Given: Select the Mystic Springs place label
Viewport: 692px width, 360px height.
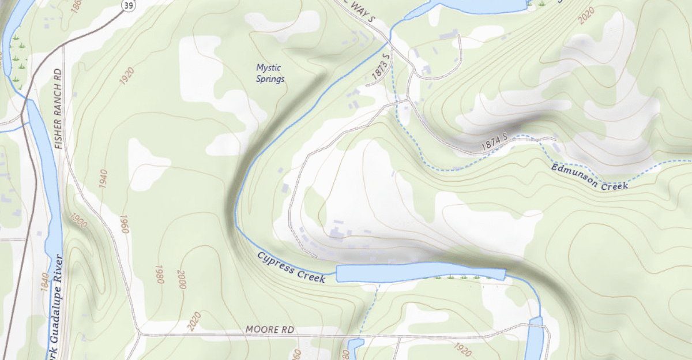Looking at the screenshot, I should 270,73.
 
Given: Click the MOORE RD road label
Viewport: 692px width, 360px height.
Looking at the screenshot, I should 270,330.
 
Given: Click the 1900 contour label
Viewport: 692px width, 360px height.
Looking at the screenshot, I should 80,223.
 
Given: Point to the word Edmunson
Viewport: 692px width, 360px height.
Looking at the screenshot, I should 573,173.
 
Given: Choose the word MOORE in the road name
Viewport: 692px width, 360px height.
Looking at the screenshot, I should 260,330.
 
